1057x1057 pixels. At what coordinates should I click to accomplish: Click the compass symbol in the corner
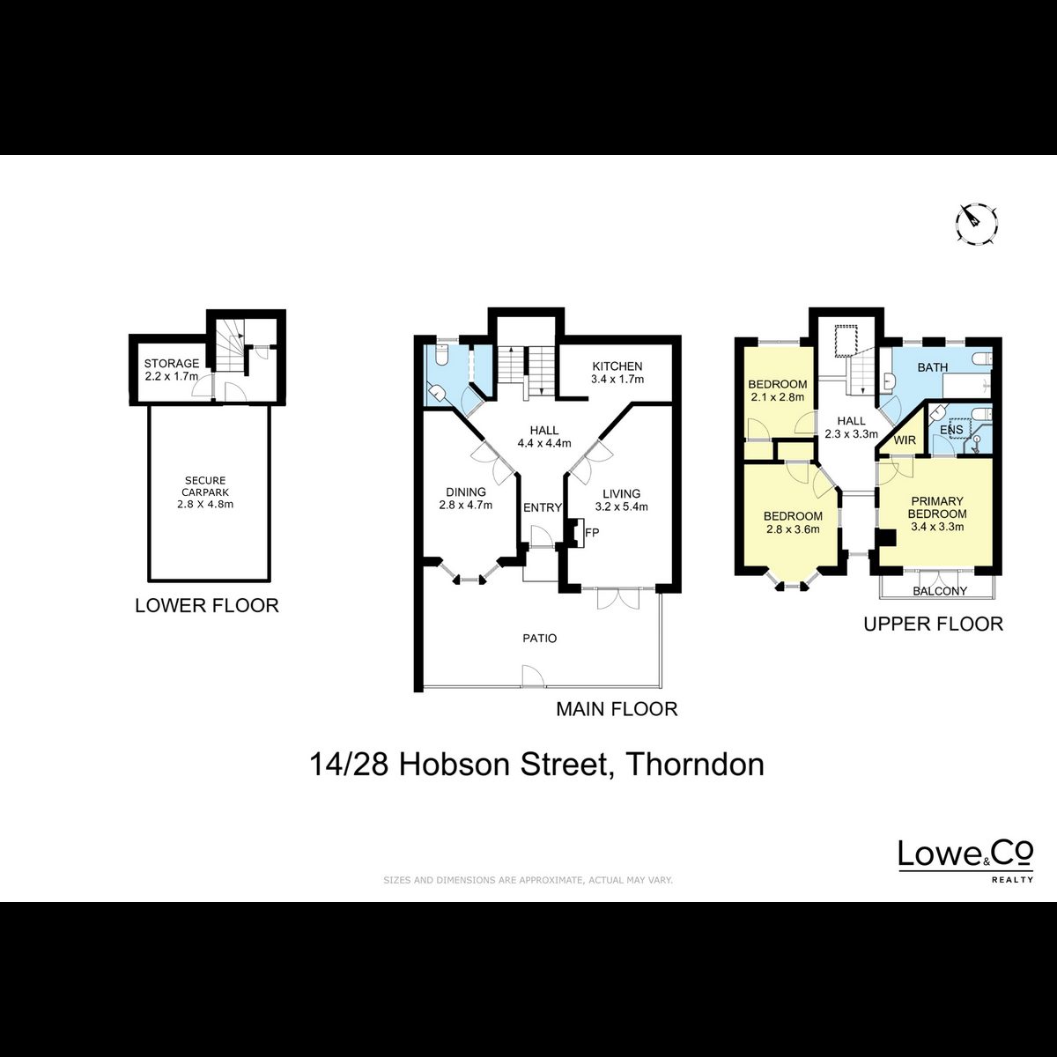pyautogui.click(x=976, y=224)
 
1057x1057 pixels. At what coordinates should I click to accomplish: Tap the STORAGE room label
pyautogui.click(x=172, y=363)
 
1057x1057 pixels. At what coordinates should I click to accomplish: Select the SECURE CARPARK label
pyautogui.click(x=205, y=486)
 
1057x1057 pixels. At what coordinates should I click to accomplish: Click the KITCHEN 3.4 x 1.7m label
pyautogui.click(x=617, y=372)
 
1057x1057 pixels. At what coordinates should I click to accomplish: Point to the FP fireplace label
pyautogui.click(x=592, y=532)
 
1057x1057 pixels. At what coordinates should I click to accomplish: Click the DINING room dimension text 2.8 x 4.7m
pyautogui.click(x=466, y=506)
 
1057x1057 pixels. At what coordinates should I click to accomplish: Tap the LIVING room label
pyautogui.click(x=622, y=493)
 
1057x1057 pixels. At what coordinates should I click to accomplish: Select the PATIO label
pyautogui.click(x=540, y=639)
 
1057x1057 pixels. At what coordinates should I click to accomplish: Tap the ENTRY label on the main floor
pyautogui.click(x=543, y=508)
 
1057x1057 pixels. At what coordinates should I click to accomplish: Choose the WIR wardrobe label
pyautogui.click(x=905, y=440)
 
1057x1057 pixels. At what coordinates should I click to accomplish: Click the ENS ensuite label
pyautogui.click(x=951, y=430)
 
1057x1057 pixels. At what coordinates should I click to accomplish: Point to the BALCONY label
pyautogui.click(x=940, y=591)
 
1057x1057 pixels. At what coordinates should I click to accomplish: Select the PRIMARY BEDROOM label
pyautogui.click(x=937, y=507)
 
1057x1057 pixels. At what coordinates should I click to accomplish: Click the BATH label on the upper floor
pyautogui.click(x=933, y=367)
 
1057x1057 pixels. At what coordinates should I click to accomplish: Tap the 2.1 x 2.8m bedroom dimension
pyautogui.click(x=777, y=396)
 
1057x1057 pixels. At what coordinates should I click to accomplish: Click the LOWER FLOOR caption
pyautogui.click(x=207, y=605)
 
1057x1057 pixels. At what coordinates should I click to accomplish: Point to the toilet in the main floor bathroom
pyautogui.click(x=442, y=356)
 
